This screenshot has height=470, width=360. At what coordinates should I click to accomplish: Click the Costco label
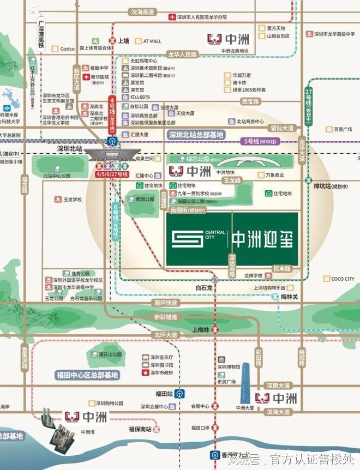pos(67,49)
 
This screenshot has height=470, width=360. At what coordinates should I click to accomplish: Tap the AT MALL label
pos(153,40)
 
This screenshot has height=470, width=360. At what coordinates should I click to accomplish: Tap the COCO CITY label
pos(342,279)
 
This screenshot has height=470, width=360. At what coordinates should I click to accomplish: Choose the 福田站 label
pos(164,393)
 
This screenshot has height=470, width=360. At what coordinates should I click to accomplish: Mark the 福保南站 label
pos(141,429)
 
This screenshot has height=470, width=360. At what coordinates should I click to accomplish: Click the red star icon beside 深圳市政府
pos(145,373)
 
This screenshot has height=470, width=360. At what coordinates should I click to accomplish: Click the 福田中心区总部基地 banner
pos(87,375)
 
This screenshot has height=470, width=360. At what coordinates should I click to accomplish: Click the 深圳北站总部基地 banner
pos(196,135)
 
